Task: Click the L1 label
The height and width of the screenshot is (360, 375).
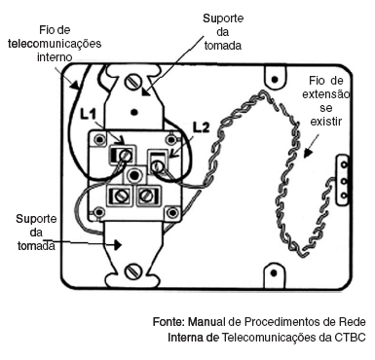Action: [x=88, y=114]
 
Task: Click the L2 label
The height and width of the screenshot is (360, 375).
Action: [x=202, y=127]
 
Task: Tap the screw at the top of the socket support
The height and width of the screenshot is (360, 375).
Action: [x=133, y=82]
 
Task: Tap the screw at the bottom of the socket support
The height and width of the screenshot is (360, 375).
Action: [x=133, y=270]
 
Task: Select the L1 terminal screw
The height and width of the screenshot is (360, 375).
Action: [x=126, y=156]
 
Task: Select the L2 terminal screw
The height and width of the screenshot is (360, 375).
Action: [x=158, y=166]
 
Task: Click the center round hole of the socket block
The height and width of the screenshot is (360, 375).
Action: [x=133, y=175]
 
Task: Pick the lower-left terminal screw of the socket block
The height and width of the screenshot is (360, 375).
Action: [x=121, y=196]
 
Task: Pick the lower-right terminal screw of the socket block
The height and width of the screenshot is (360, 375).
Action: [x=146, y=196]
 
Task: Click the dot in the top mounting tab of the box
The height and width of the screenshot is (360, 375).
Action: [x=275, y=79]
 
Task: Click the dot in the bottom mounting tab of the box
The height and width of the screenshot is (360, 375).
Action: [x=274, y=272]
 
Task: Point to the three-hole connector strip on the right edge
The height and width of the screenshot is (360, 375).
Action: [x=343, y=180]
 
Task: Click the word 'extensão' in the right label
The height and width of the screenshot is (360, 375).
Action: [x=326, y=94]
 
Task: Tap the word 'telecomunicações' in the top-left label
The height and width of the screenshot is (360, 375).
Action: [x=55, y=44]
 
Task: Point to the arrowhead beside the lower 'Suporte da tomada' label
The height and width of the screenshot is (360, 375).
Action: [x=117, y=245]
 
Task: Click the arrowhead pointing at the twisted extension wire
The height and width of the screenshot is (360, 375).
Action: [x=309, y=152]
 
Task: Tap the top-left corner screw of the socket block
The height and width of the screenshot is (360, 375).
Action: [x=99, y=140]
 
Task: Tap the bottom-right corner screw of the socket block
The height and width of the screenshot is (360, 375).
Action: [x=172, y=213]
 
